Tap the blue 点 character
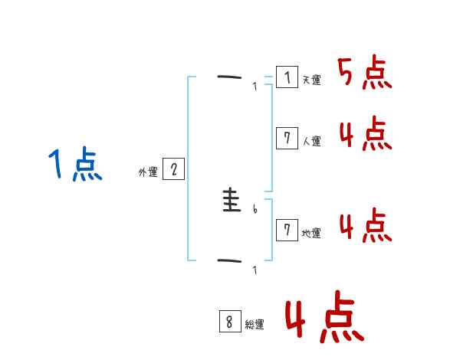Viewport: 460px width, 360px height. [87, 166]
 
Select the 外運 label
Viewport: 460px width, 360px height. [148, 172]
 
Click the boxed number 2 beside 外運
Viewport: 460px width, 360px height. [173, 169]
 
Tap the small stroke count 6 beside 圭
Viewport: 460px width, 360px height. [255, 209]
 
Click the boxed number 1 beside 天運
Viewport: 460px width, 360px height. [287, 77]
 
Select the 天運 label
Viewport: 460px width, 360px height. [311, 80]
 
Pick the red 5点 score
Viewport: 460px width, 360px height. [365, 74]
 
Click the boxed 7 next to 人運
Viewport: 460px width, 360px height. [287, 138]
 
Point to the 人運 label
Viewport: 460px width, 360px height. [311, 141]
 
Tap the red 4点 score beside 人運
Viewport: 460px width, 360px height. [365, 135]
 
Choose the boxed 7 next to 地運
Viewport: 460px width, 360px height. [287, 230]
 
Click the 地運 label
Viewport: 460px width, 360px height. [311, 233]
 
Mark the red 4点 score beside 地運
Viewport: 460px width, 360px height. [365, 227]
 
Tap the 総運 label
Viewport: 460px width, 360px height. [255, 325]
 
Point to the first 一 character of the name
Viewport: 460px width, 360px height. [229, 77]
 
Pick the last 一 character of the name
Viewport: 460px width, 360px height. [229, 262]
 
